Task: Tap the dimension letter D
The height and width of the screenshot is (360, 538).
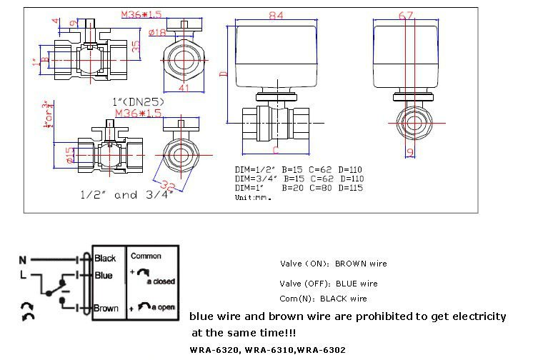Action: (x=222, y=73)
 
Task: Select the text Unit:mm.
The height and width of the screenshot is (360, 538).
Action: (x=253, y=196)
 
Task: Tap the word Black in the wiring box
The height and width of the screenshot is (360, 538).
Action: (x=104, y=258)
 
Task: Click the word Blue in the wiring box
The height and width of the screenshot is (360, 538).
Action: (x=103, y=275)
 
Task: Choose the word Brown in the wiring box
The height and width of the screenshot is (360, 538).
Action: (x=106, y=309)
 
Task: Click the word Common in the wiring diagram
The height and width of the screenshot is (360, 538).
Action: (x=146, y=256)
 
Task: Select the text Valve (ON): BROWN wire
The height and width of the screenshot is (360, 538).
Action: (x=333, y=264)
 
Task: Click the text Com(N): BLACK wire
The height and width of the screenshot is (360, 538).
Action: (x=323, y=299)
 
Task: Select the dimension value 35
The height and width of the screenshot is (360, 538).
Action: (x=137, y=45)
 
